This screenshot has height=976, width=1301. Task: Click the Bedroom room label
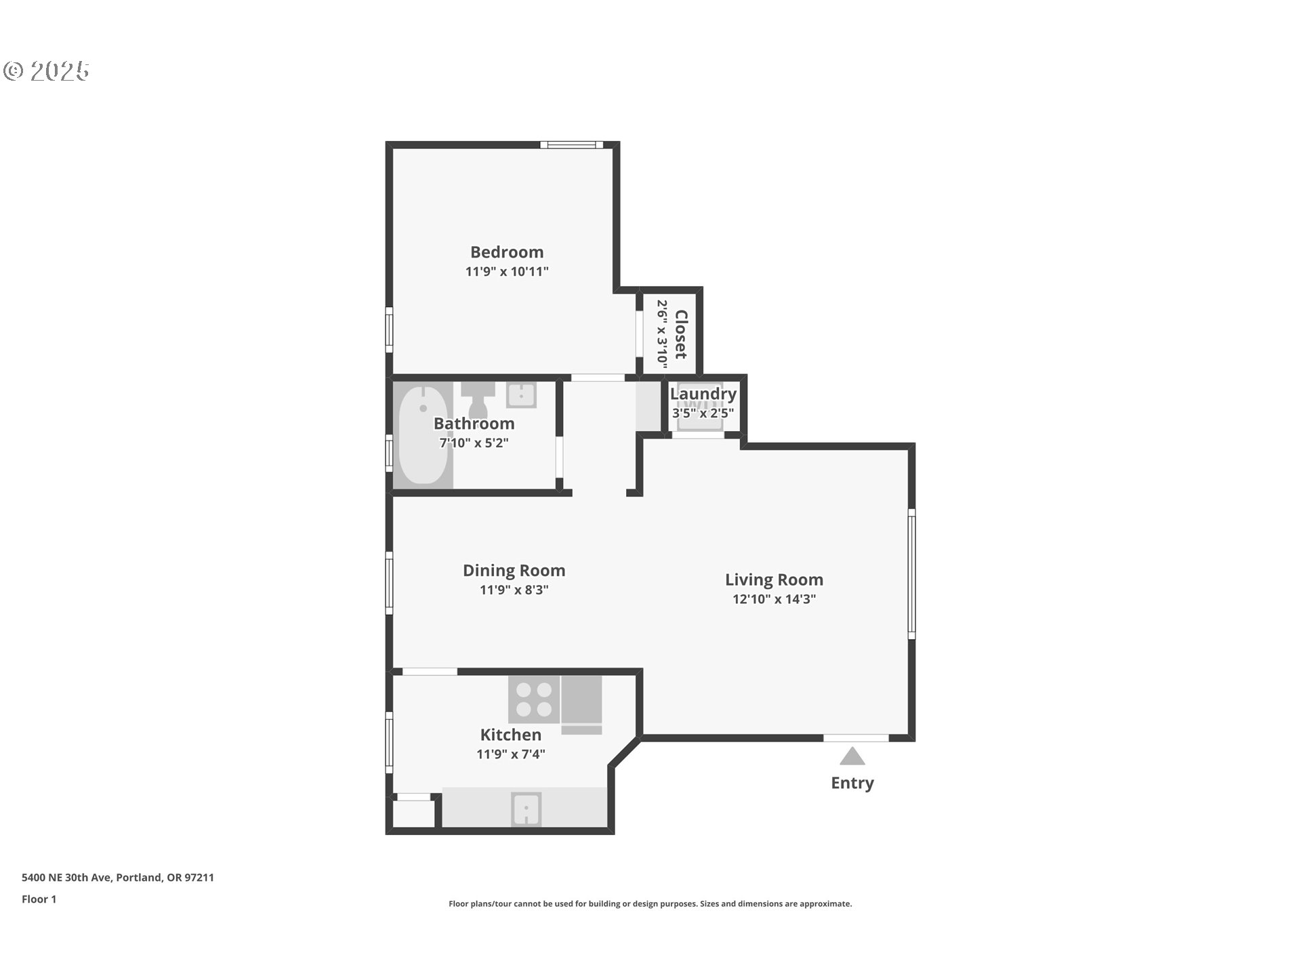507,252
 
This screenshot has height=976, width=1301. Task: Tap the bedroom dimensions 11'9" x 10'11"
507,272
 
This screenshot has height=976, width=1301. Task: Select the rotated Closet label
681,334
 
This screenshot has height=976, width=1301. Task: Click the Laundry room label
703,394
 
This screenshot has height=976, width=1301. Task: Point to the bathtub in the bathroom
423,434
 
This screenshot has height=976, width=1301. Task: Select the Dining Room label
514,571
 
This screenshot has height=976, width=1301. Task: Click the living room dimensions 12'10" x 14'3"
774,599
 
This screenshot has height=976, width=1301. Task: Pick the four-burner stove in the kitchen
534,699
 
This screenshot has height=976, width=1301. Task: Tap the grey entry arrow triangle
852,757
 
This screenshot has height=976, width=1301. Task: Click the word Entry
852,783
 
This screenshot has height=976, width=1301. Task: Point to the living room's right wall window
911,573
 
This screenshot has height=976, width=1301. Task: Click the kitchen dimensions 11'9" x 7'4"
510,754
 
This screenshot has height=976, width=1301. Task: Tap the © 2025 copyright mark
46,70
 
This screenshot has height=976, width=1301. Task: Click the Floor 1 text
39,899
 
